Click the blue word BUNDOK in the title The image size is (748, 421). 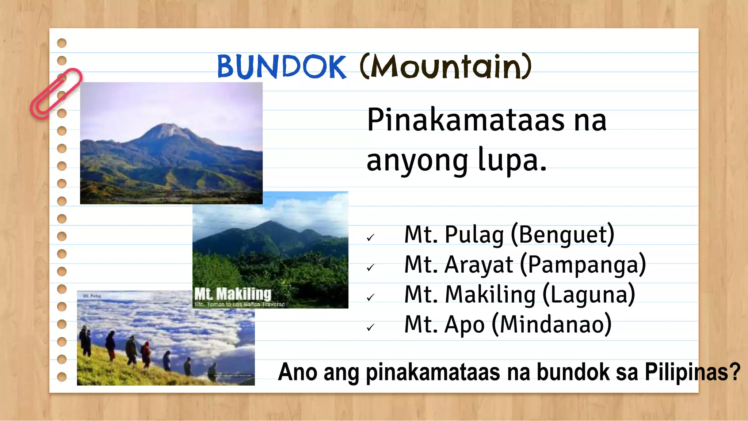pos(281,67)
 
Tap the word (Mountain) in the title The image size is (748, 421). pos(446,67)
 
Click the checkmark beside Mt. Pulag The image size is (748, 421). pos(371,238)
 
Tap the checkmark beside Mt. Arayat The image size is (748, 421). pos(371,268)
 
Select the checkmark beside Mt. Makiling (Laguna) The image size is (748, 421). pos(371,298)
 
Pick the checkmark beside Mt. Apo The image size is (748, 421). pos(371,328)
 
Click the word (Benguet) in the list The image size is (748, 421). pos(562,235)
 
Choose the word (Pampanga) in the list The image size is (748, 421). pos(583,265)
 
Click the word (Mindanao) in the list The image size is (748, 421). pos(552,325)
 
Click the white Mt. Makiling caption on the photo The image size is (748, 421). pos(233,294)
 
